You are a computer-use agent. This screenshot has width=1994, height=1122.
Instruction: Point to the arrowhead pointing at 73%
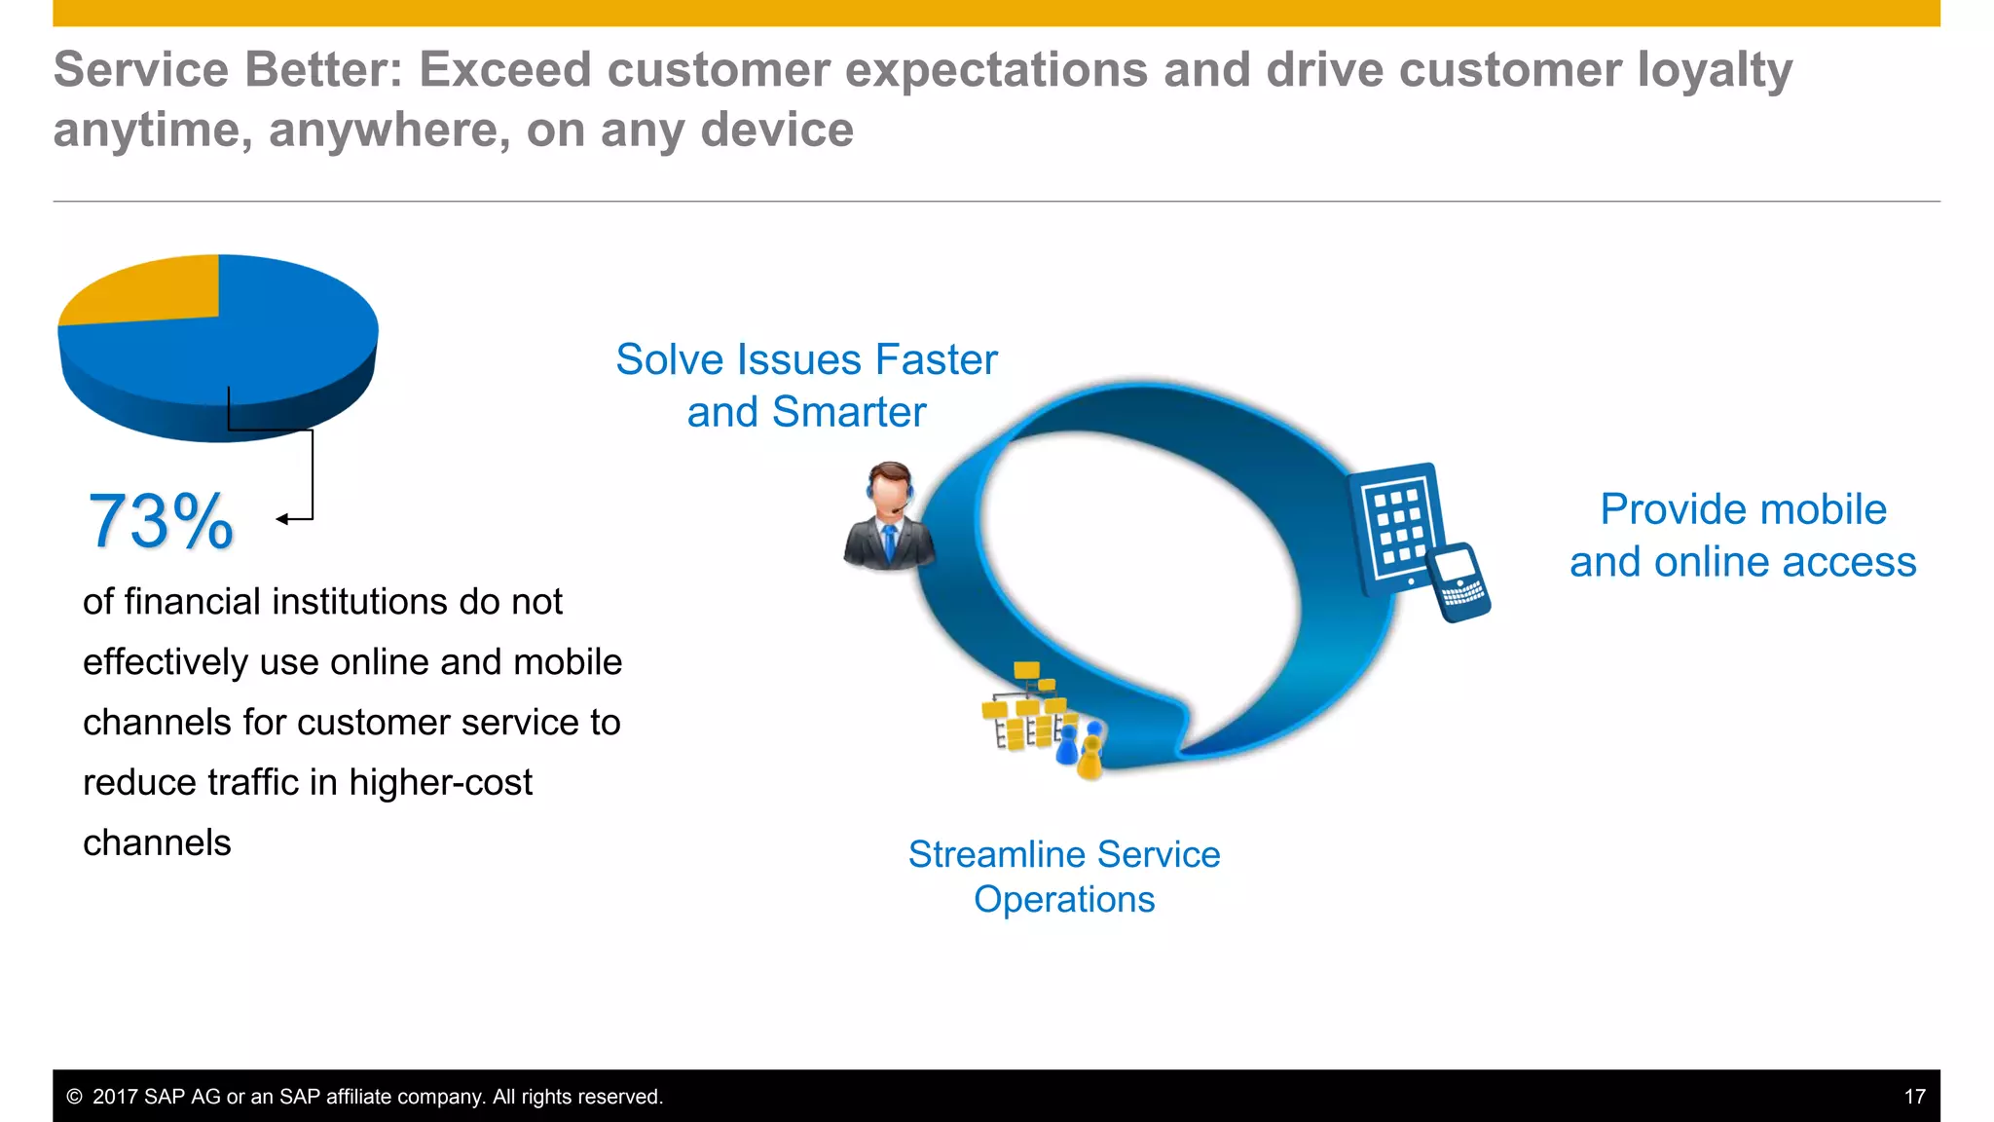(282, 519)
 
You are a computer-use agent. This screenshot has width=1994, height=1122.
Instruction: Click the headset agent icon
(889, 516)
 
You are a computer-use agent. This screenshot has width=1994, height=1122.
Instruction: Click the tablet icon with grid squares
(1395, 526)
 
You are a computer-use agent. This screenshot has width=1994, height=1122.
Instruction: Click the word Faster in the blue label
(936, 359)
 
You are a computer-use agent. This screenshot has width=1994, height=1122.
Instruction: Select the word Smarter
(848, 412)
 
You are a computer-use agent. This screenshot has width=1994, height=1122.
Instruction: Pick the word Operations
(1064, 899)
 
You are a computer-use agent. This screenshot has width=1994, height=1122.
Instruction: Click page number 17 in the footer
(1914, 1097)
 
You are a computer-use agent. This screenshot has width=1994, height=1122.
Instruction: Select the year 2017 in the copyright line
(116, 1097)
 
